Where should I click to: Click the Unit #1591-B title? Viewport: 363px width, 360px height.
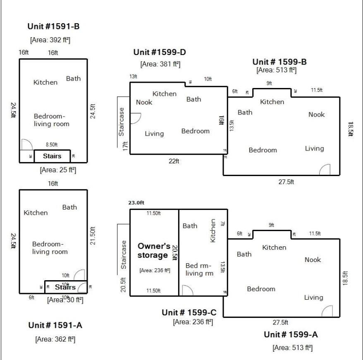[x=53, y=26]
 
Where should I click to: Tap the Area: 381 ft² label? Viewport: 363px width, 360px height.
[x=160, y=64]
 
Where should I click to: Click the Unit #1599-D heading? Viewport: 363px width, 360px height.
[x=160, y=52]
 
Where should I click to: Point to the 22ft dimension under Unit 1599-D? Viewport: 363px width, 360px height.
[x=174, y=161]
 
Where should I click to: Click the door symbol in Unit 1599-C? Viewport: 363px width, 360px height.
[x=187, y=290]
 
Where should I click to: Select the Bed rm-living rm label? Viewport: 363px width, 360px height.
[x=198, y=269]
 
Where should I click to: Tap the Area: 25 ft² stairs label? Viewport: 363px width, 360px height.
[x=57, y=169]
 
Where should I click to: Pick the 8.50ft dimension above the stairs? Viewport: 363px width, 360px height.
[x=51, y=145]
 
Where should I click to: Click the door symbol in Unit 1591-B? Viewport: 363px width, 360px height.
[x=26, y=144]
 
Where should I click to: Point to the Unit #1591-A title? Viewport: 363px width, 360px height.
[x=55, y=325]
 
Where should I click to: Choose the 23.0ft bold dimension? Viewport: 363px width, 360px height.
[x=136, y=203]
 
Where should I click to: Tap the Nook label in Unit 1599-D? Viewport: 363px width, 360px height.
[x=144, y=102]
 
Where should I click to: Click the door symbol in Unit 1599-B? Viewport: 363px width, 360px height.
[x=325, y=169]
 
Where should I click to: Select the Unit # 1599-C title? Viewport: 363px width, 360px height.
[x=189, y=312]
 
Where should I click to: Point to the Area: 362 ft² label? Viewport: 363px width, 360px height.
[x=55, y=339]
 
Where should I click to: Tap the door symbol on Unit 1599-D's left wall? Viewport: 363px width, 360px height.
[x=136, y=118]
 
